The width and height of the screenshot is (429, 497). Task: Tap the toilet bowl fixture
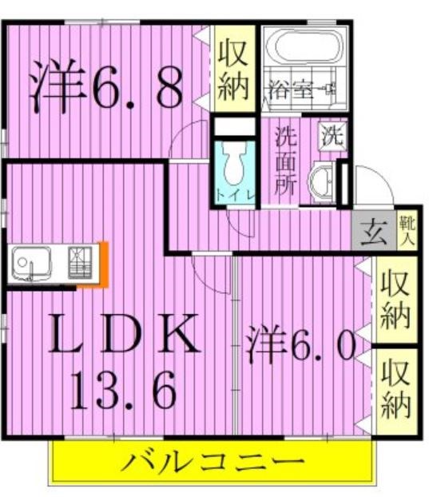click(x=235, y=168)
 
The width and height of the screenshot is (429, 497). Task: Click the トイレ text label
click(x=235, y=195)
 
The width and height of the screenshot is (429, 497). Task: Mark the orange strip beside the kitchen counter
click(x=103, y=263)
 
